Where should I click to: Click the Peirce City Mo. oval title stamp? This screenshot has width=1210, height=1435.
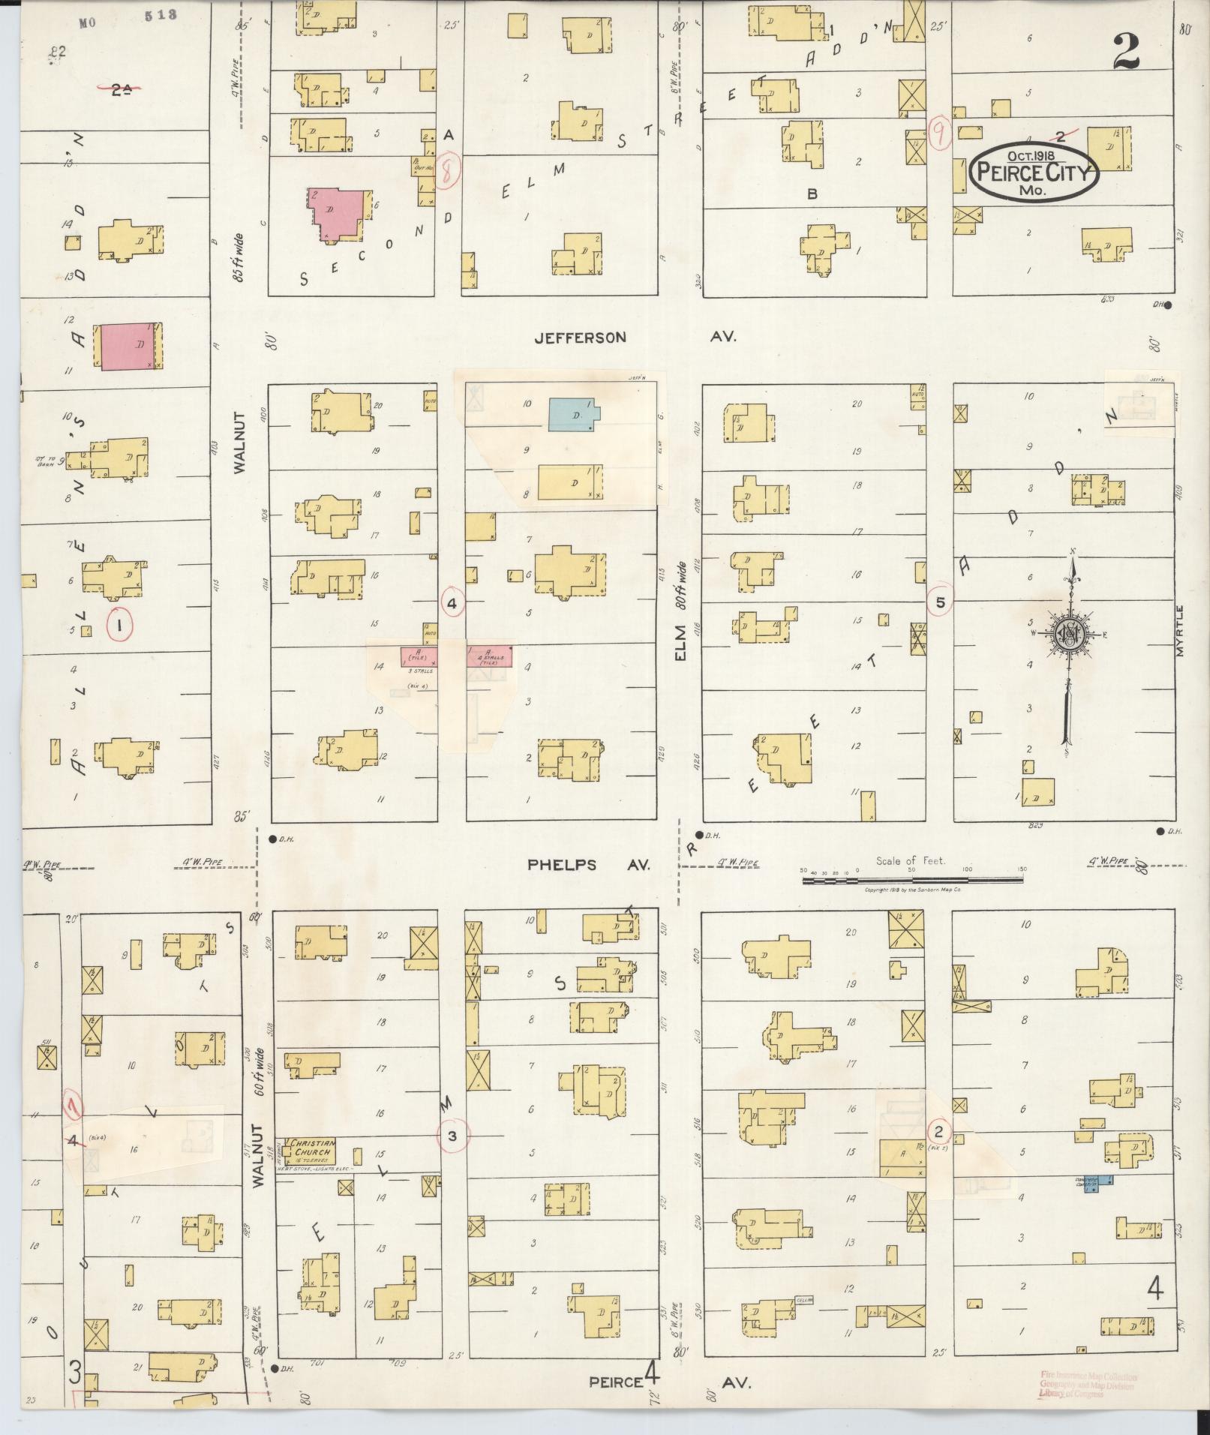(x=1034, y=172)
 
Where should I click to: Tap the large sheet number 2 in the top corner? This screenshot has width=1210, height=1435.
(x=1127, y=52)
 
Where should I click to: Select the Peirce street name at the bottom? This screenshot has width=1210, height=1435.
(x=615, y=1382)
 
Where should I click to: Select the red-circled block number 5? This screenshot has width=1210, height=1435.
(x=939, y=602)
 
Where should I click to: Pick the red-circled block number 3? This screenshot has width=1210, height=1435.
(x=452, y=1136)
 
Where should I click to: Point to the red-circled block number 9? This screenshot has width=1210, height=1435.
(x=938, y=135)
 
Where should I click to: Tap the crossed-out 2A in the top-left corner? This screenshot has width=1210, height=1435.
(x=120, y=90)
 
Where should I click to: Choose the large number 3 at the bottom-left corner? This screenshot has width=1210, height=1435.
(x=75, y=1371)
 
